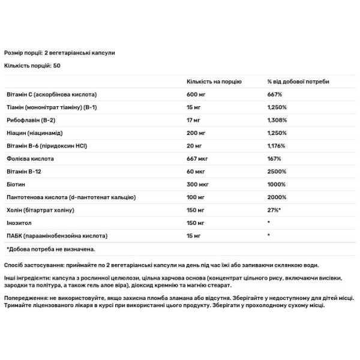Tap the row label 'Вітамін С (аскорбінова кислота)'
tap(51, 95)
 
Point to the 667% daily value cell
tap(275, 95)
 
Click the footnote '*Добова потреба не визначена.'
tap(51, 248)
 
